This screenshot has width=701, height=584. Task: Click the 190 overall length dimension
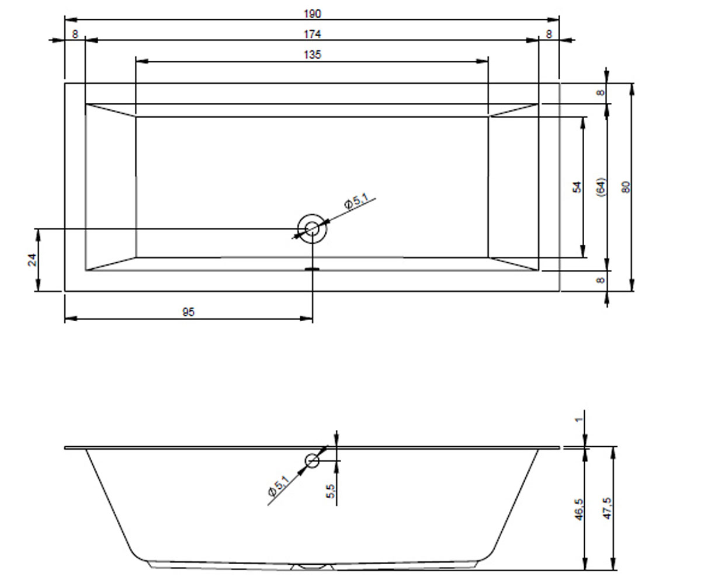click(x=312, y=14)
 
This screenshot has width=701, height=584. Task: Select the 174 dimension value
click(x=312, y=34)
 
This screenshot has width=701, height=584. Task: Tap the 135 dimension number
click(x=312, y=55)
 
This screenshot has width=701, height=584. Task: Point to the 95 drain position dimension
click(x=188, y=312)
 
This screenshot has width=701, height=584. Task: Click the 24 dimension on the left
click(x=32, y=260)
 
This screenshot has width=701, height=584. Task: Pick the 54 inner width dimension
click(x=577, y=187)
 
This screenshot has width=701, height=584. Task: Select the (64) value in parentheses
click(x=601, y=187)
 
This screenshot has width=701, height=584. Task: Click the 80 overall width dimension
click(x=626, y=187)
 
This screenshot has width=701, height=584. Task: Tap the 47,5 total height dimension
click(x=608, y=509)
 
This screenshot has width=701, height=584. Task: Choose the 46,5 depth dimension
click(x=579, y=509)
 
